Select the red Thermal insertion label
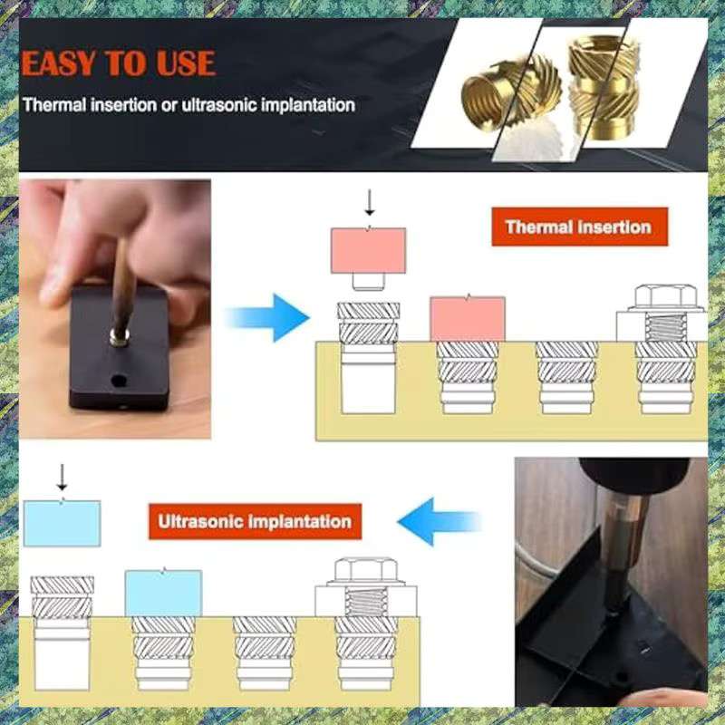coord(579,227)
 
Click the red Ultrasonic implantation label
coord(255,522)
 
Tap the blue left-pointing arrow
coord(440,522)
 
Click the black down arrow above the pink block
coord(369,202)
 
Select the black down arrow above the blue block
coord(62,477)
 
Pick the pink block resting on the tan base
coord(468,319)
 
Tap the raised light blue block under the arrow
coord(62,523)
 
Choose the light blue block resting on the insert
coord(163,593)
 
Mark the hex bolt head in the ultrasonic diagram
coord(365,571)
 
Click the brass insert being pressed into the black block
coord(120,336)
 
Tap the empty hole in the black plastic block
coord(119,381)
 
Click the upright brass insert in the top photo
coord(604,87)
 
